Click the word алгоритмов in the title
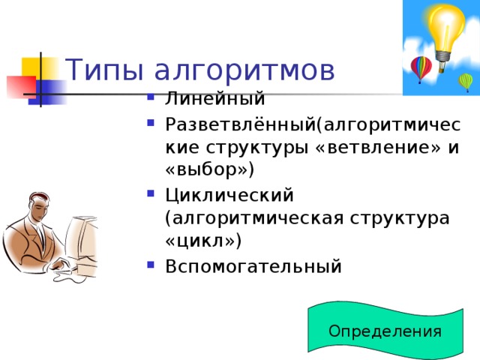coord(244,71)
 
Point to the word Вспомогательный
coord(253,265)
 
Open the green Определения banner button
coord(385,331)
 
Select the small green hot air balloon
coord(466,81)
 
